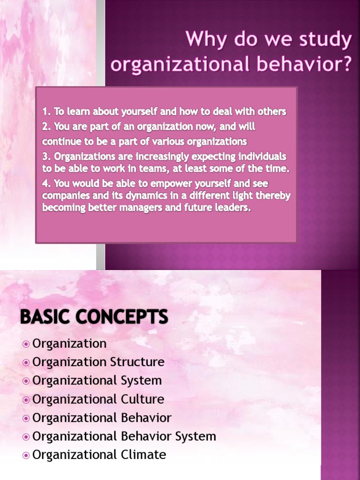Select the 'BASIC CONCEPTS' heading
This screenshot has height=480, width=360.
[94, 317]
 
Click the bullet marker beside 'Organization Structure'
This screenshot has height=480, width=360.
[26, 362]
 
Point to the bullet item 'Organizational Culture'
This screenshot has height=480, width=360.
[98, 399]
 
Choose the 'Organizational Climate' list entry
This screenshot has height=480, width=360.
[99, 455]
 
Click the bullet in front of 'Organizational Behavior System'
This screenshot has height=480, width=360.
[26, 436]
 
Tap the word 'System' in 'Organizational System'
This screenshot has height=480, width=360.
[141, 381]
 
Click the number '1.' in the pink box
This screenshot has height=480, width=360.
[46, 112]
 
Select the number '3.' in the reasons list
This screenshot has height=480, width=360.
[47, 156]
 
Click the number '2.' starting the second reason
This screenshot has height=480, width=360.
[47, 127]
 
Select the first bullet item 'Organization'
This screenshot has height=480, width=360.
[69, 344]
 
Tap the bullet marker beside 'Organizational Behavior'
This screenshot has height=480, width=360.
[26, 418]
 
